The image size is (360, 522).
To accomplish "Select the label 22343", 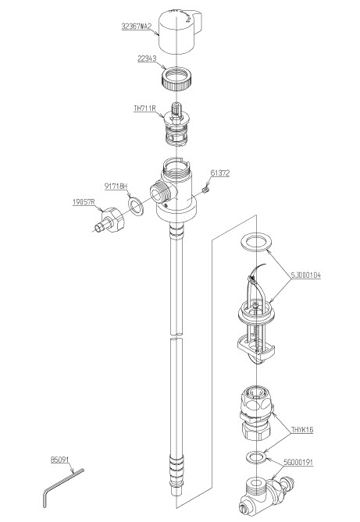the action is (147, 59).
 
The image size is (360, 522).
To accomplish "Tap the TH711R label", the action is (144, 108).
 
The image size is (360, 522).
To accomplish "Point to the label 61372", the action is (220, 172).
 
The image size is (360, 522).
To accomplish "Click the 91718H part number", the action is (116, 186).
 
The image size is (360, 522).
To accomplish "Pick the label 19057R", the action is (84, 202).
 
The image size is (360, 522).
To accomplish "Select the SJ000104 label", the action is (305, 275).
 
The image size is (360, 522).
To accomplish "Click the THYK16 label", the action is (302, 430).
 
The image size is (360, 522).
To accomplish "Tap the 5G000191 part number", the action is (298, 462).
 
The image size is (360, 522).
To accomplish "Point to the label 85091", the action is (59, 460).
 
